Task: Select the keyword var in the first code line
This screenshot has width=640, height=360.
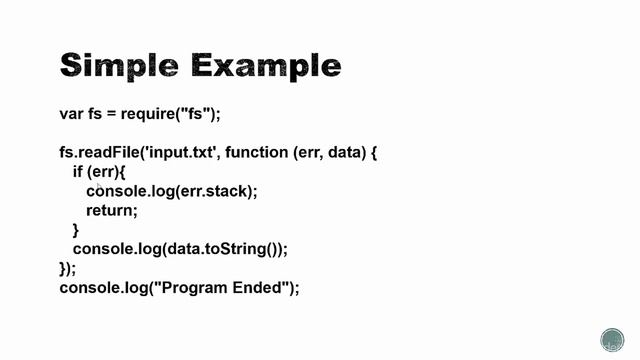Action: pos(71,113)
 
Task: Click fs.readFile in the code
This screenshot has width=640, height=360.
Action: pos(97,153)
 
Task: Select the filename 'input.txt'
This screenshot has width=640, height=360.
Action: pos(176,153)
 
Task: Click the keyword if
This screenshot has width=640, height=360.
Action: pos(78,172)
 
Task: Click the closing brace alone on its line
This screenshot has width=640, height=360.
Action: pos(76,230)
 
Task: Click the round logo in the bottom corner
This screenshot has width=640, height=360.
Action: pos(612,339)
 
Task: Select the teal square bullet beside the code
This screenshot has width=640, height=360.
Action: pos(40,114)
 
